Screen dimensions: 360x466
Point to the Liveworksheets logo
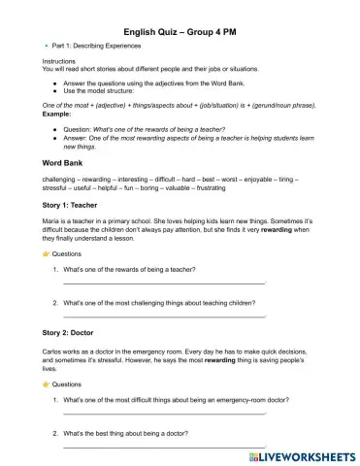(298, 453)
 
